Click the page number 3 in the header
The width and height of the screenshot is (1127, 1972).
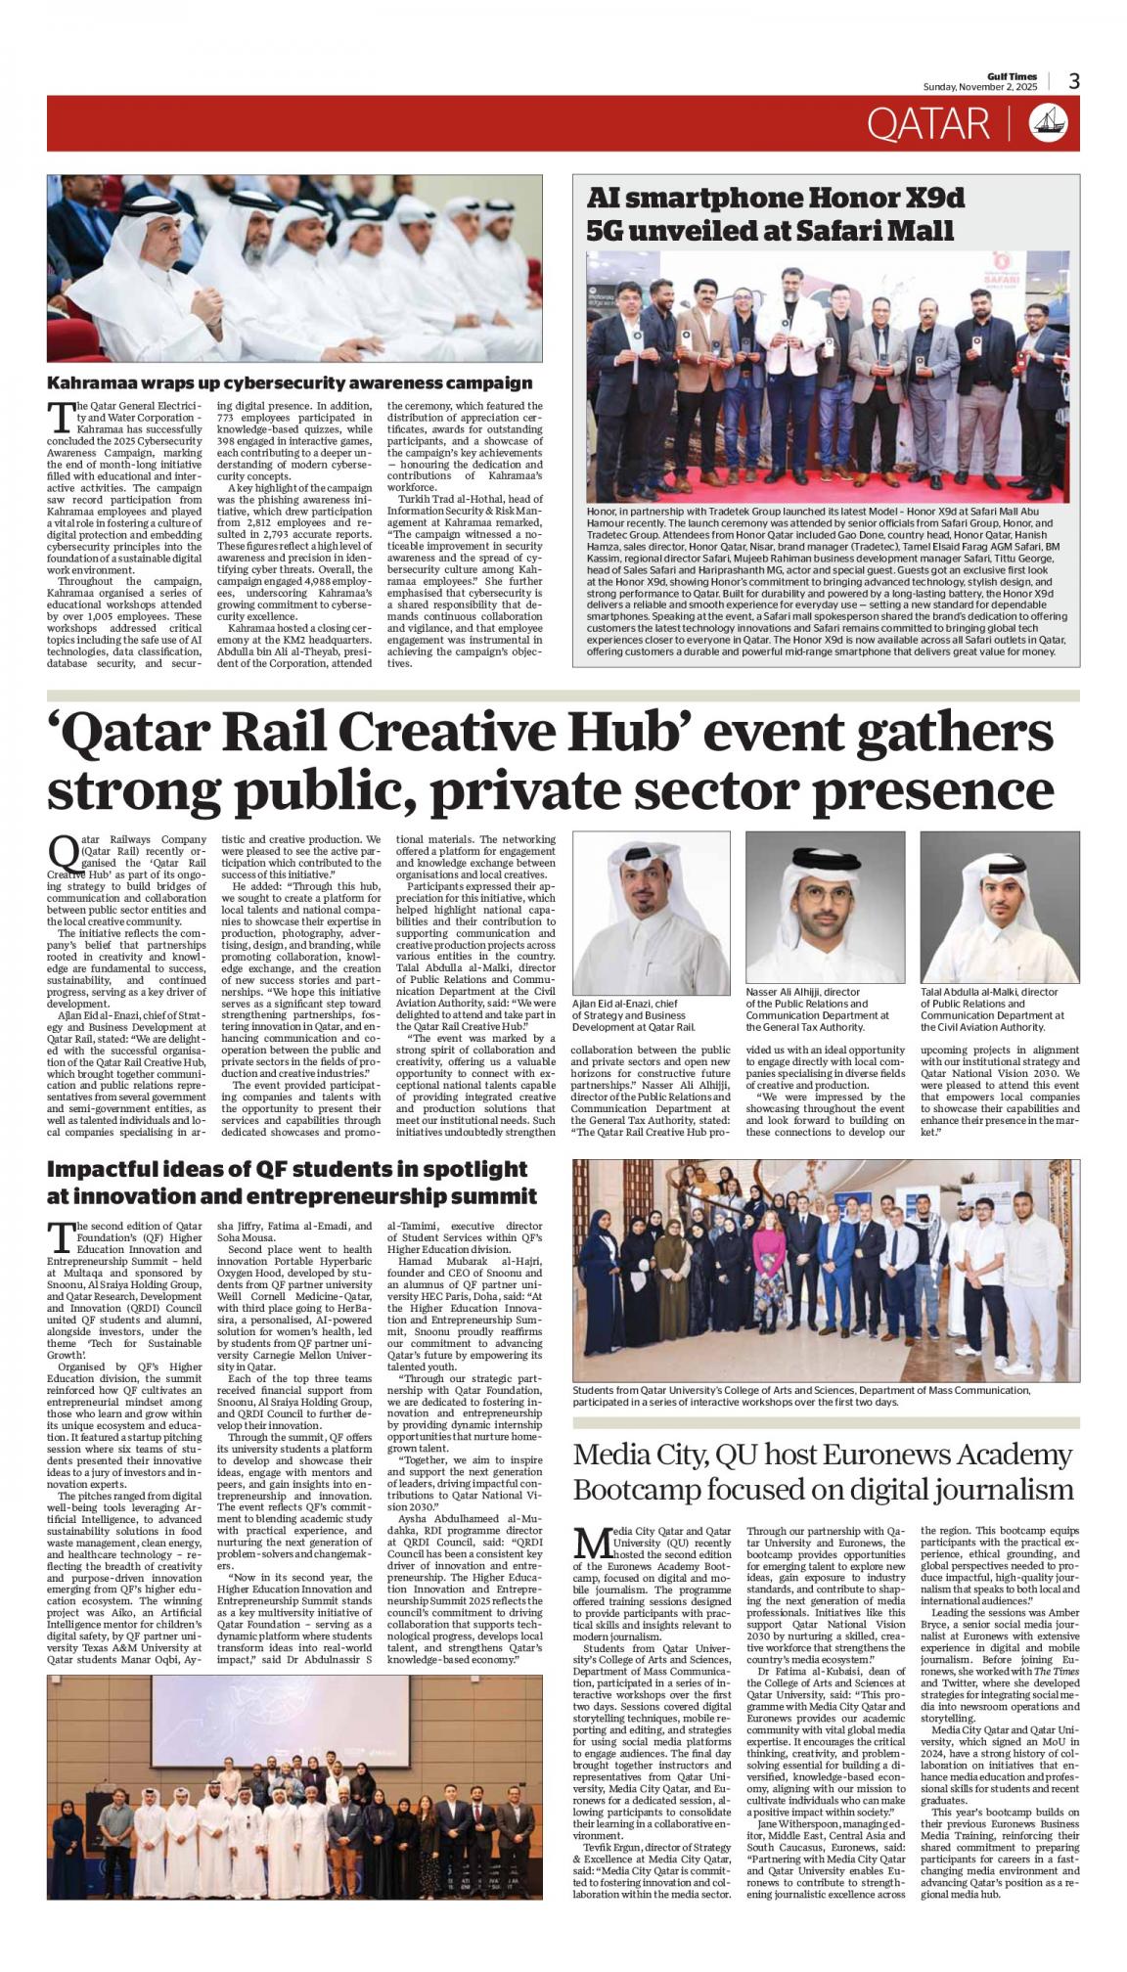coord(1073,82)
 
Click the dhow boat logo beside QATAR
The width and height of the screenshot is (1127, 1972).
coord(1048,123)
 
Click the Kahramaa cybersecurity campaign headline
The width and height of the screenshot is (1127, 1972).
coord(290,382)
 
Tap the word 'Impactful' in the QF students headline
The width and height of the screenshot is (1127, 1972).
coord(104,1169)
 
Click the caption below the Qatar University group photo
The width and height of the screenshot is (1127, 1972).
coord(800,1395)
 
